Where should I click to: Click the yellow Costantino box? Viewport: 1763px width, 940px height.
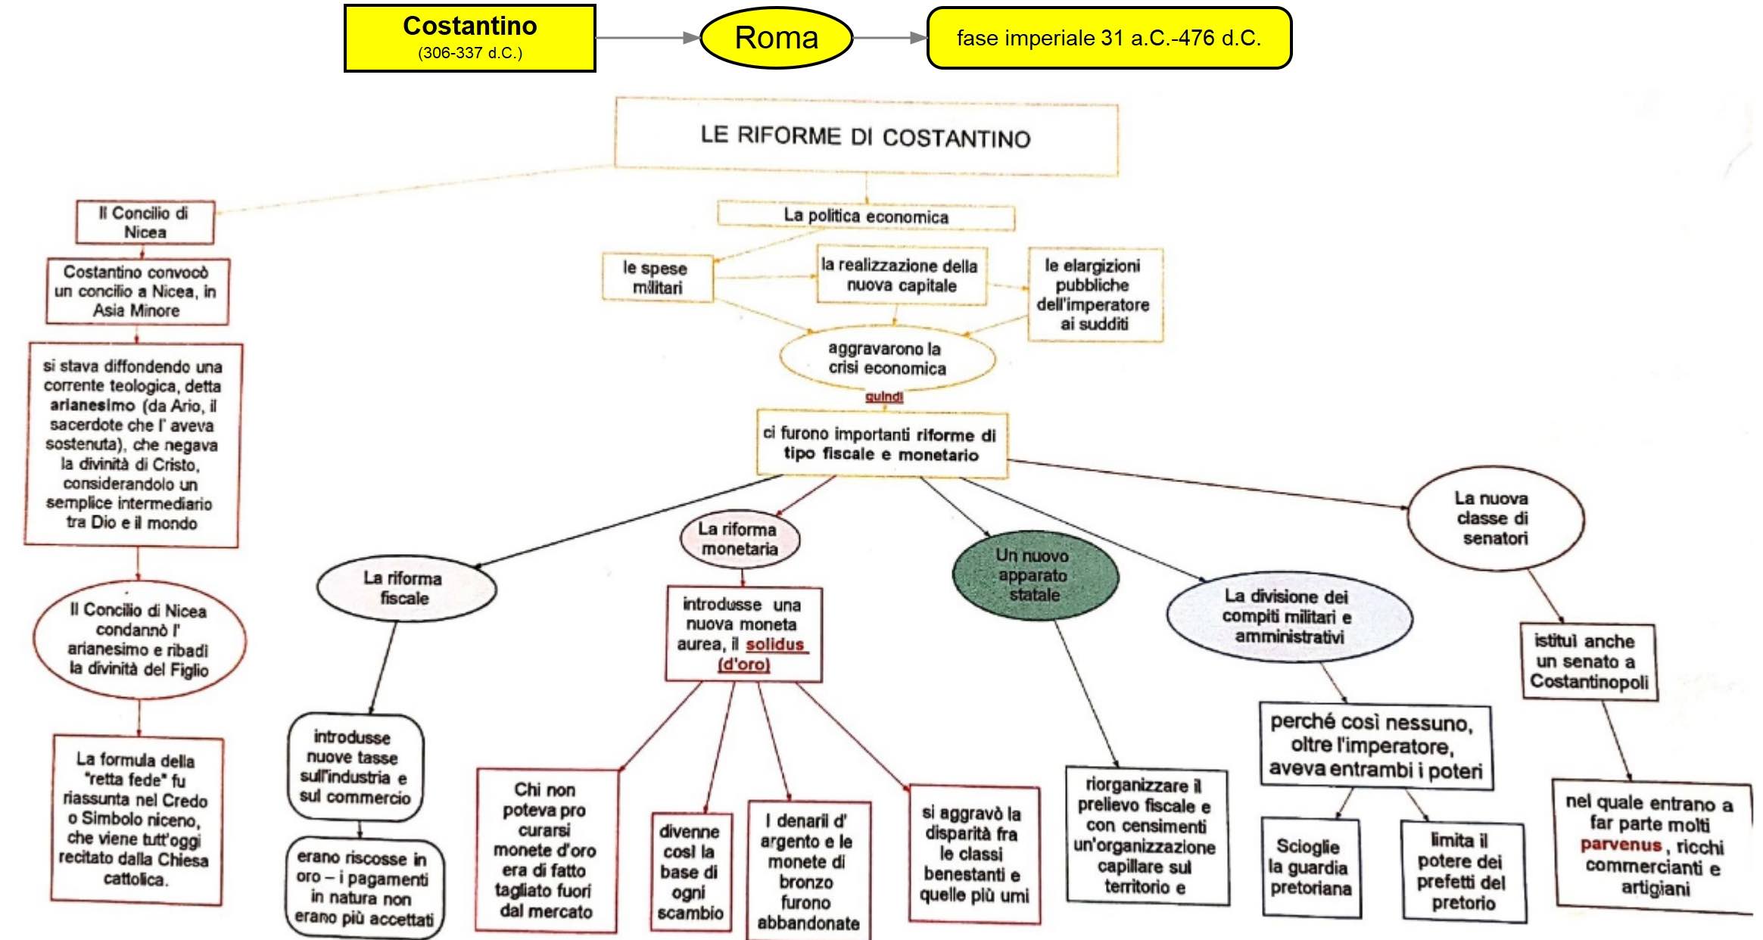(x=469, y=38)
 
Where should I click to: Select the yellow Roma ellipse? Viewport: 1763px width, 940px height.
(x=777, y=38)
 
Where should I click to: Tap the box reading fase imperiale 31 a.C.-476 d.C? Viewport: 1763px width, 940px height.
(x=1108, y=38)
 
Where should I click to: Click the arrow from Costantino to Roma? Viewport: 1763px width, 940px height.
(x=647, y=38)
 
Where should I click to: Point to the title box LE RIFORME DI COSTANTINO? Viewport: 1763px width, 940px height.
(x=865, y=137)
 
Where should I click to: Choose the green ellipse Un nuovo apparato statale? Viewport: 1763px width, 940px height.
(x=1034, y=575)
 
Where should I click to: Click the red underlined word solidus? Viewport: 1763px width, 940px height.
(x=775, y=645)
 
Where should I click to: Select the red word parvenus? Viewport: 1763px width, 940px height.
(x=1621, y=845)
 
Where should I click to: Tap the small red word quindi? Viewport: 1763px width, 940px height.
(x=884, y=397)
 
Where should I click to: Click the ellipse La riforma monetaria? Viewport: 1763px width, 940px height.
(x=739, y=539)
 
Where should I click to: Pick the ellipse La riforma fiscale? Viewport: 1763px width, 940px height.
(x=405, y=588)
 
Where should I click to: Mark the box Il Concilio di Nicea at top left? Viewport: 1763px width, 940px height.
(x=145, y=223)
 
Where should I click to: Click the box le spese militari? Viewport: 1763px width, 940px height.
(x=656, y=278)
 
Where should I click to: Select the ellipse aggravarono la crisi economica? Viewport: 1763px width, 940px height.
(x=886, y=359)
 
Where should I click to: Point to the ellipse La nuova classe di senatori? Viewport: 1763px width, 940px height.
(x=1494, y=518)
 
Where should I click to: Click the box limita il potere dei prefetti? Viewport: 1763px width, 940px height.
(x=1462, y=872)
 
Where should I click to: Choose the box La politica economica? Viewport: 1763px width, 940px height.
(x=865, y=216)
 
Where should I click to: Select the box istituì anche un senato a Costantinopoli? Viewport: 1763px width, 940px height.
(x=1587, y=661)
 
